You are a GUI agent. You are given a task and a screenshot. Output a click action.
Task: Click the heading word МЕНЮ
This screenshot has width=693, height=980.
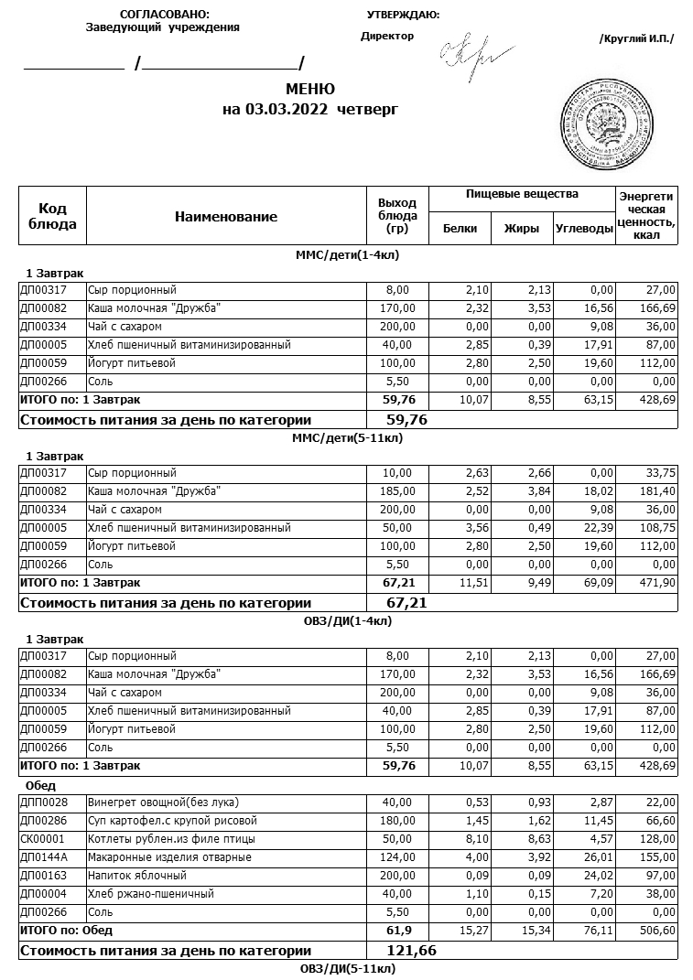click(310, 89)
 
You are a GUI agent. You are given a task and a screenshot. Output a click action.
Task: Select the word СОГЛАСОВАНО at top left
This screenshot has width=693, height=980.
click(164, 15)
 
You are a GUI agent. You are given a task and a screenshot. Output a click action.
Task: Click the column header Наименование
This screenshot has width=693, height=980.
click(225, 217)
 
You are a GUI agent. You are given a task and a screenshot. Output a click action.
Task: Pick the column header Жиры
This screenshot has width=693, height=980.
click(522, 229)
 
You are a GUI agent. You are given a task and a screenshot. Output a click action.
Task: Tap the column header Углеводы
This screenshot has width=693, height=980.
click(583, 229)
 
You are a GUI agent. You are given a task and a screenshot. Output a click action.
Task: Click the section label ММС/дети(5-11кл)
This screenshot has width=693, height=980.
click(347, 437)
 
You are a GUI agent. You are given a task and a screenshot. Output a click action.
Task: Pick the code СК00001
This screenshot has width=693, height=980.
click(41, 839)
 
